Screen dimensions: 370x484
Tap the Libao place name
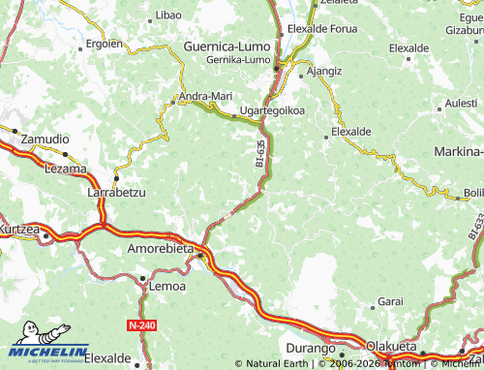(x=168, y=16)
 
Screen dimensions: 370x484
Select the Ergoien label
(x=104, y=44)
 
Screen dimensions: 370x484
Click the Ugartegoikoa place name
(x=272, y=110)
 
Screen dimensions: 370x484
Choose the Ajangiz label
(x=323, y=71)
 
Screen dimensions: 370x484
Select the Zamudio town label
(x=46, y=139)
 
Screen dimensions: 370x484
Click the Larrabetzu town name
(x=116, y=193)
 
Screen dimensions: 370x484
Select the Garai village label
(x=390, y=302)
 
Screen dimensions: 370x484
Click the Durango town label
(x=310, y=347)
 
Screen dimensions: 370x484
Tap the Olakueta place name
(x=390, y=346)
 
